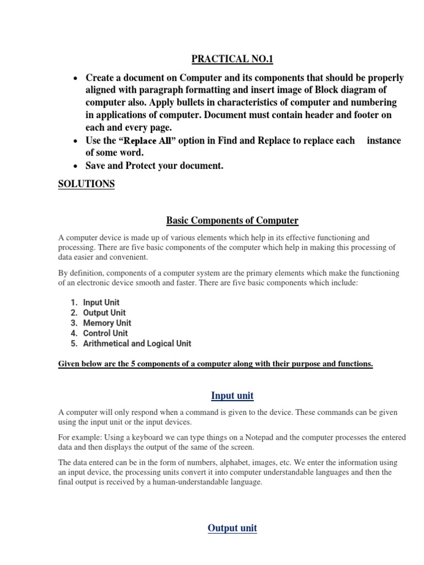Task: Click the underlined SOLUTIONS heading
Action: click(x=86, y=184)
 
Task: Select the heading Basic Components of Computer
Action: click(x=232, y=221)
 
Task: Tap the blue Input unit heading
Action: click(x=232, y=395)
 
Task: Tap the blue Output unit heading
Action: click(x=232, y=528)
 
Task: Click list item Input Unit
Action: click(x=101, y=302)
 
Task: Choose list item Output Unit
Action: click(x=104, y=313)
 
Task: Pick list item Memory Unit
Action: click(x=107, y=323)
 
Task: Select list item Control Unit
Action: click(x=105, y=333)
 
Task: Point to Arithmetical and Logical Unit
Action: click(x=137, y=343)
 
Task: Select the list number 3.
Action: click(x=73, y=323)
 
